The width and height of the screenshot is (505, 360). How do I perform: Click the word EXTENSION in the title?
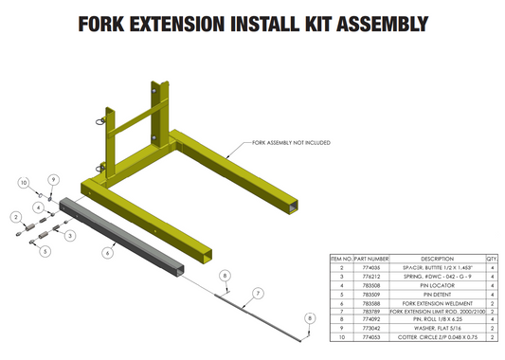tap(195, 21)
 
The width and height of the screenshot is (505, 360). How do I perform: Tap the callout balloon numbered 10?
tap(25, 181)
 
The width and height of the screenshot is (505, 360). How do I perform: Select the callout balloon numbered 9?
tap(53, 180)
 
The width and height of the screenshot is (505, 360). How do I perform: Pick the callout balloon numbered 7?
tap(254, 295)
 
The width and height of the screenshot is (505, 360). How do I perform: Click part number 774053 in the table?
tap(370, 336)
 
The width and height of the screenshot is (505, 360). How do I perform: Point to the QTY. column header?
tap(492, 257)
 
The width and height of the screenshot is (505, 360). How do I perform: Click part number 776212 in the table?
tap(370, 275)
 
